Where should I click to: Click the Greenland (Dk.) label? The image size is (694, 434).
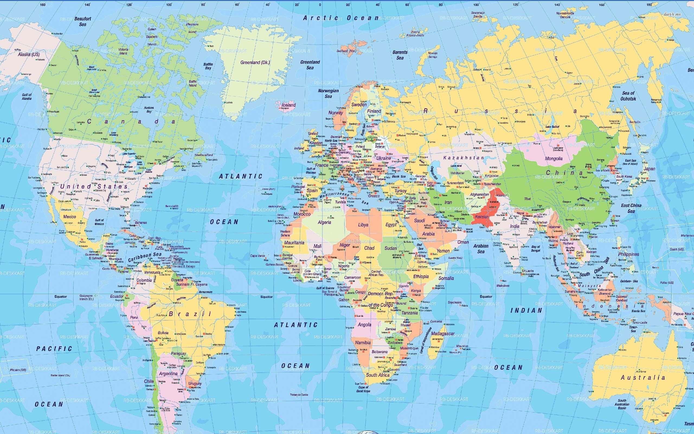(255, 62)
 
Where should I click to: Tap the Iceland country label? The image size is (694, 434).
(288, 105)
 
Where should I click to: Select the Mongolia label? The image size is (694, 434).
(554, 158)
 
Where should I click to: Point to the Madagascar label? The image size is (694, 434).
(443, 334)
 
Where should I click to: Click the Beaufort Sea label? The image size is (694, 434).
(83, 21)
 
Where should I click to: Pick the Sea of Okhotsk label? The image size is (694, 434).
(628, 96)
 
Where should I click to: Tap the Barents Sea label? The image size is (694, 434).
(400, 55)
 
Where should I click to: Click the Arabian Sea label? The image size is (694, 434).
(481, 248)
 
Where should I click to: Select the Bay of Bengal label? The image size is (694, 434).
(536, 248)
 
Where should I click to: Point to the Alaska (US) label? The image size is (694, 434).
(29, 54)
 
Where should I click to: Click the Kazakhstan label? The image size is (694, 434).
(463, 158)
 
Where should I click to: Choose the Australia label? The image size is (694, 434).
(642, 378)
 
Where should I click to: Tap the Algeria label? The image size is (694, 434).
(324, 222)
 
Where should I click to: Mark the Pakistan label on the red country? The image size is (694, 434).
(482, 217)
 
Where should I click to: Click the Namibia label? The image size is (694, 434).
(363, 342)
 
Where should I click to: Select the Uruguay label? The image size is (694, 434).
(195, 384)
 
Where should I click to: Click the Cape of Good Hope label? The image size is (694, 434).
(363, 389)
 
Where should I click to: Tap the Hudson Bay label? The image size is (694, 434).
(149, 109)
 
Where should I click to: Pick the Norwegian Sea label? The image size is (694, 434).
(328, 93)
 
